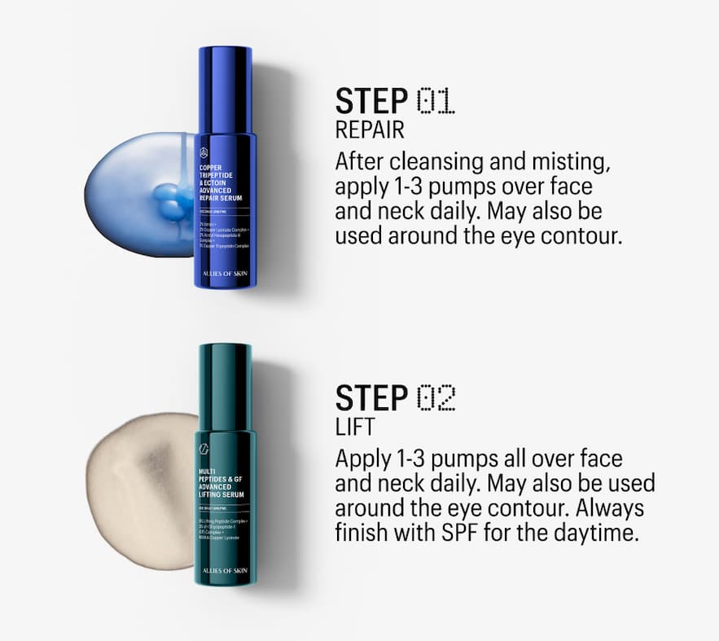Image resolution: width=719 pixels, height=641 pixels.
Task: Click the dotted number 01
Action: point(436,102)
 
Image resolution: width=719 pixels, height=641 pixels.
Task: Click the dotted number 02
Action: point(436,398)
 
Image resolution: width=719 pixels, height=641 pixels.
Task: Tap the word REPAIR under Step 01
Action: point(370,130)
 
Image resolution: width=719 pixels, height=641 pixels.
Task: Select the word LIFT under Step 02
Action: point(351,427)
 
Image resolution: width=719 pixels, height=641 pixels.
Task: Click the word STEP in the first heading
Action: point(371,102)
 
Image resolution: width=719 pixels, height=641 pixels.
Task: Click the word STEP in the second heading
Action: point(371,398)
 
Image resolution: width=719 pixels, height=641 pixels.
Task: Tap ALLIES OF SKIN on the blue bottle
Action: point(226,274)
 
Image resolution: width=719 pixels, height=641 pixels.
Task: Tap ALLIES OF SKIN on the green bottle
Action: point(226,570)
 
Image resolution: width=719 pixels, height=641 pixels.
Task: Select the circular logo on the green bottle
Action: point(204,450)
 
